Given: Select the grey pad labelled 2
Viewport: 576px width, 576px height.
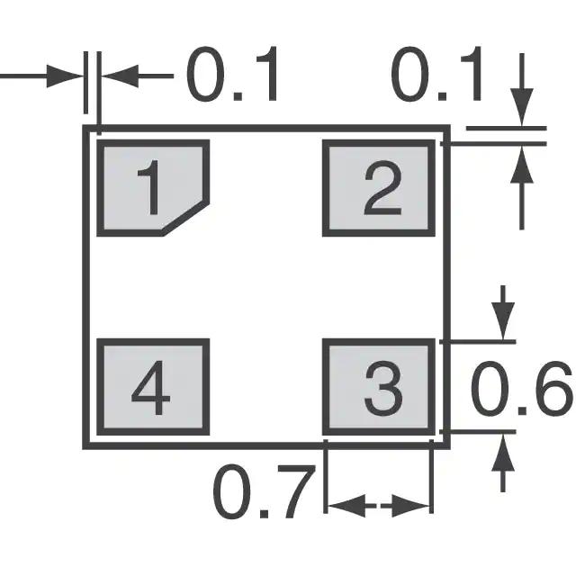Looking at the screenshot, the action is [380, 187].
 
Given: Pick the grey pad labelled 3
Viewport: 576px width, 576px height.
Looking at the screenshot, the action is [380, 389].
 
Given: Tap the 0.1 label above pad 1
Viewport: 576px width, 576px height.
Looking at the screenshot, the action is [233, 77].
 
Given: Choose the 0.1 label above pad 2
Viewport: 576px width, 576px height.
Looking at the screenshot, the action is [438, 76].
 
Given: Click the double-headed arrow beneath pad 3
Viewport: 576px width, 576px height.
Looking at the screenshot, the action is [379, 507].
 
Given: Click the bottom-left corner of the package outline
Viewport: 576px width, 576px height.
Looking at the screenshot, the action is [87, 445].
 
